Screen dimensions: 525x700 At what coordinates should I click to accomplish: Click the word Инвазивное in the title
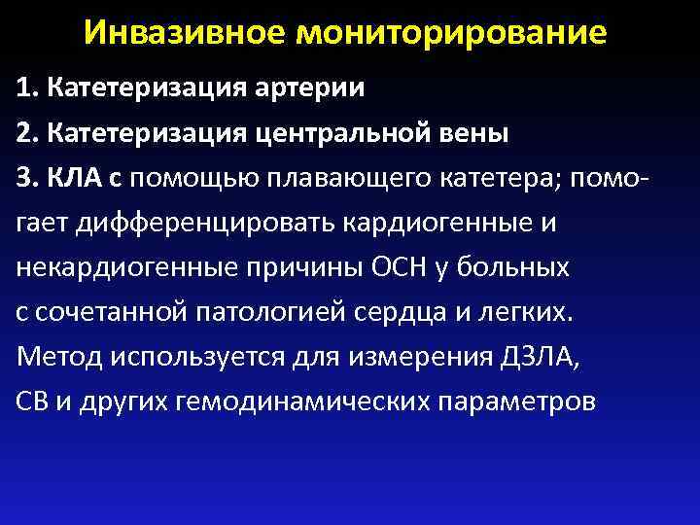pos(186,32)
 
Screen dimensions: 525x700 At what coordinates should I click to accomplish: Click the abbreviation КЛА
pos(72,178)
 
